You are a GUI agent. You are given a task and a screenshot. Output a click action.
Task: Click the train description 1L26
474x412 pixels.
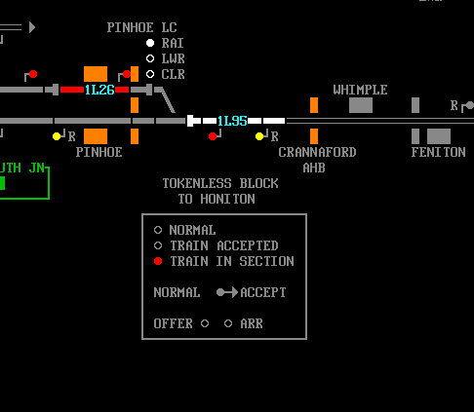pyautogui.click(x=99, y=90)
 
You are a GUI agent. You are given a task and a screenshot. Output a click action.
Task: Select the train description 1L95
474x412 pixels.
pyautogui.click(x=232, y=121)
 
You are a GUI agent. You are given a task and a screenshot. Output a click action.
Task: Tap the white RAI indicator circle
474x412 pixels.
pyautogui.click(x=150, y=43)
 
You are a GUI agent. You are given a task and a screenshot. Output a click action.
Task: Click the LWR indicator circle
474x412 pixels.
pyautogui.click(x=150, y=58)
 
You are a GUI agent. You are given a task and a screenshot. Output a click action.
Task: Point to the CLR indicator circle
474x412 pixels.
pyautogui.click(x=150, y=74)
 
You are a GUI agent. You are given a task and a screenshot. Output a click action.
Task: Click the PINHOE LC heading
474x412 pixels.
pyautogui.click(x=142, y=27)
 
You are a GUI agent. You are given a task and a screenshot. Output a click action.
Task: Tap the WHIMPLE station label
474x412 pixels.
pyautogui.click(x=360, y=90)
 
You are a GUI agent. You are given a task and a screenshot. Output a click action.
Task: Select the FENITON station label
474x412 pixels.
pyautogui.click(x=438, y=152)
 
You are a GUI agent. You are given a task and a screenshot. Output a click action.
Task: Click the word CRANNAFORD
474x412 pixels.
pyautogui.click(x=317, y=152)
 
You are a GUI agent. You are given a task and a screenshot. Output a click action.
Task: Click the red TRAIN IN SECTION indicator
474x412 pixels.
pyautogui.click(x=158, y=261)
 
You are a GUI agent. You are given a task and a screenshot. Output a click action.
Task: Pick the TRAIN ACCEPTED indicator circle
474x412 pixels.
pyautogui.click(x=158, y=245)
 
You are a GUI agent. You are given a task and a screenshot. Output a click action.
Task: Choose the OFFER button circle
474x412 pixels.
pyautogui.click(x=205, y=323)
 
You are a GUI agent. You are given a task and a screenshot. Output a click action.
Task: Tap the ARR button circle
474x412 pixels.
pyautogui.click(x=228, y=323)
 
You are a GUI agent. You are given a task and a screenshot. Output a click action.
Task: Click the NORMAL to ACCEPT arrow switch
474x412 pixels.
pyautogui.click(x=227, y=292)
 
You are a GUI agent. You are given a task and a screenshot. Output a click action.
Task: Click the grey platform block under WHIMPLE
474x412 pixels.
pyautogui.click(x=361, y=105)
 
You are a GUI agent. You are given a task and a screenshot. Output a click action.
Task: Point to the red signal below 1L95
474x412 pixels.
pyautogui.click(x=213, y=136)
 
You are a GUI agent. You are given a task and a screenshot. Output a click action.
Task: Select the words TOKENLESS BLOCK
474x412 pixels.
pyautogui.click(x=220, y=183)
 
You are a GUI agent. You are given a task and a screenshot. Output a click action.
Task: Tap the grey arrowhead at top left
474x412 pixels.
pyautogui.click(x=32, y=27)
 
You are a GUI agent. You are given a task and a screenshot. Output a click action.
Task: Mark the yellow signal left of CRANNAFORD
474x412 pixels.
pyautogui.click(x=259, y=136)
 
